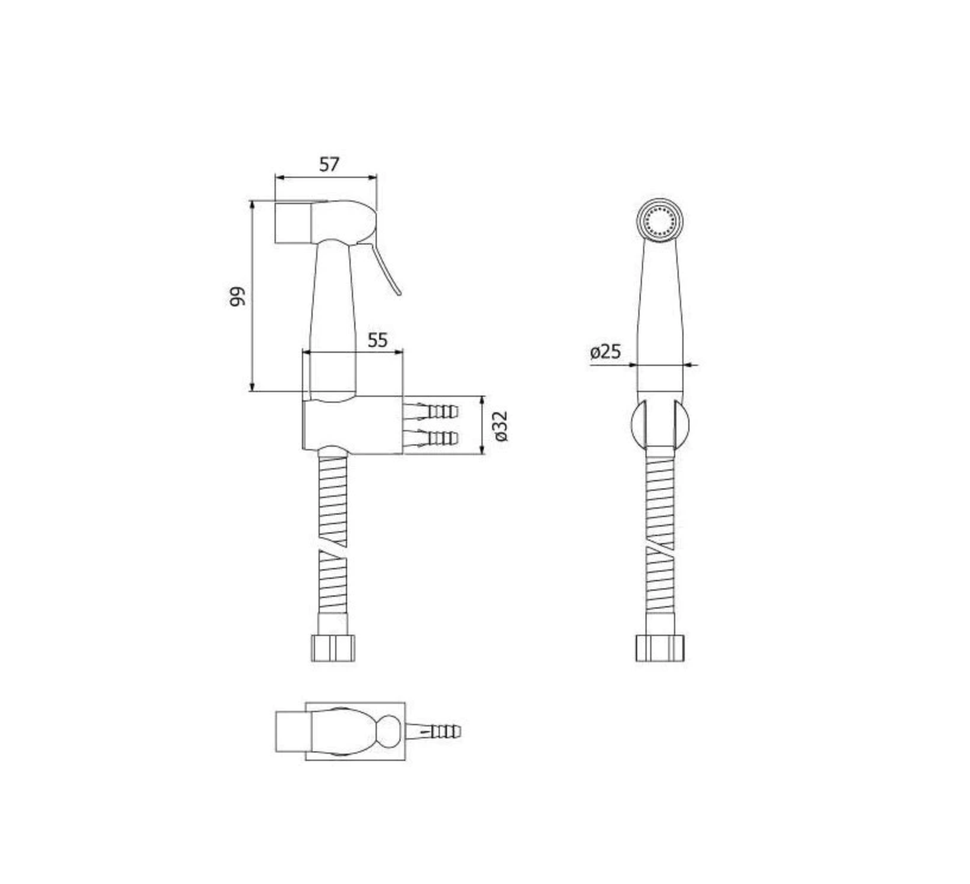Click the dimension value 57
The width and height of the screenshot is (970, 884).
[329, 164]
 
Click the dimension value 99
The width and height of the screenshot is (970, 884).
[237, 296]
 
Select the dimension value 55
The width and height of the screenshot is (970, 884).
[377, 340]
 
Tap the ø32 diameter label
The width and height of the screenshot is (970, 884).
[501, 426]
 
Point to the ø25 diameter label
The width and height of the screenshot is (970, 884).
[605, 352]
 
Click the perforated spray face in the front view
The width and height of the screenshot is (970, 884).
[660, 221]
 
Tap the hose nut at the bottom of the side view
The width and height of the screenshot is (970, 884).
[333, 648]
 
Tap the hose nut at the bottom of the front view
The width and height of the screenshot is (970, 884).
[660, 648]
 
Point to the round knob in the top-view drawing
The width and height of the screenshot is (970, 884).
[389, 731]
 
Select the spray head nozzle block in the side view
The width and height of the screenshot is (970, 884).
[292, 222]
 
